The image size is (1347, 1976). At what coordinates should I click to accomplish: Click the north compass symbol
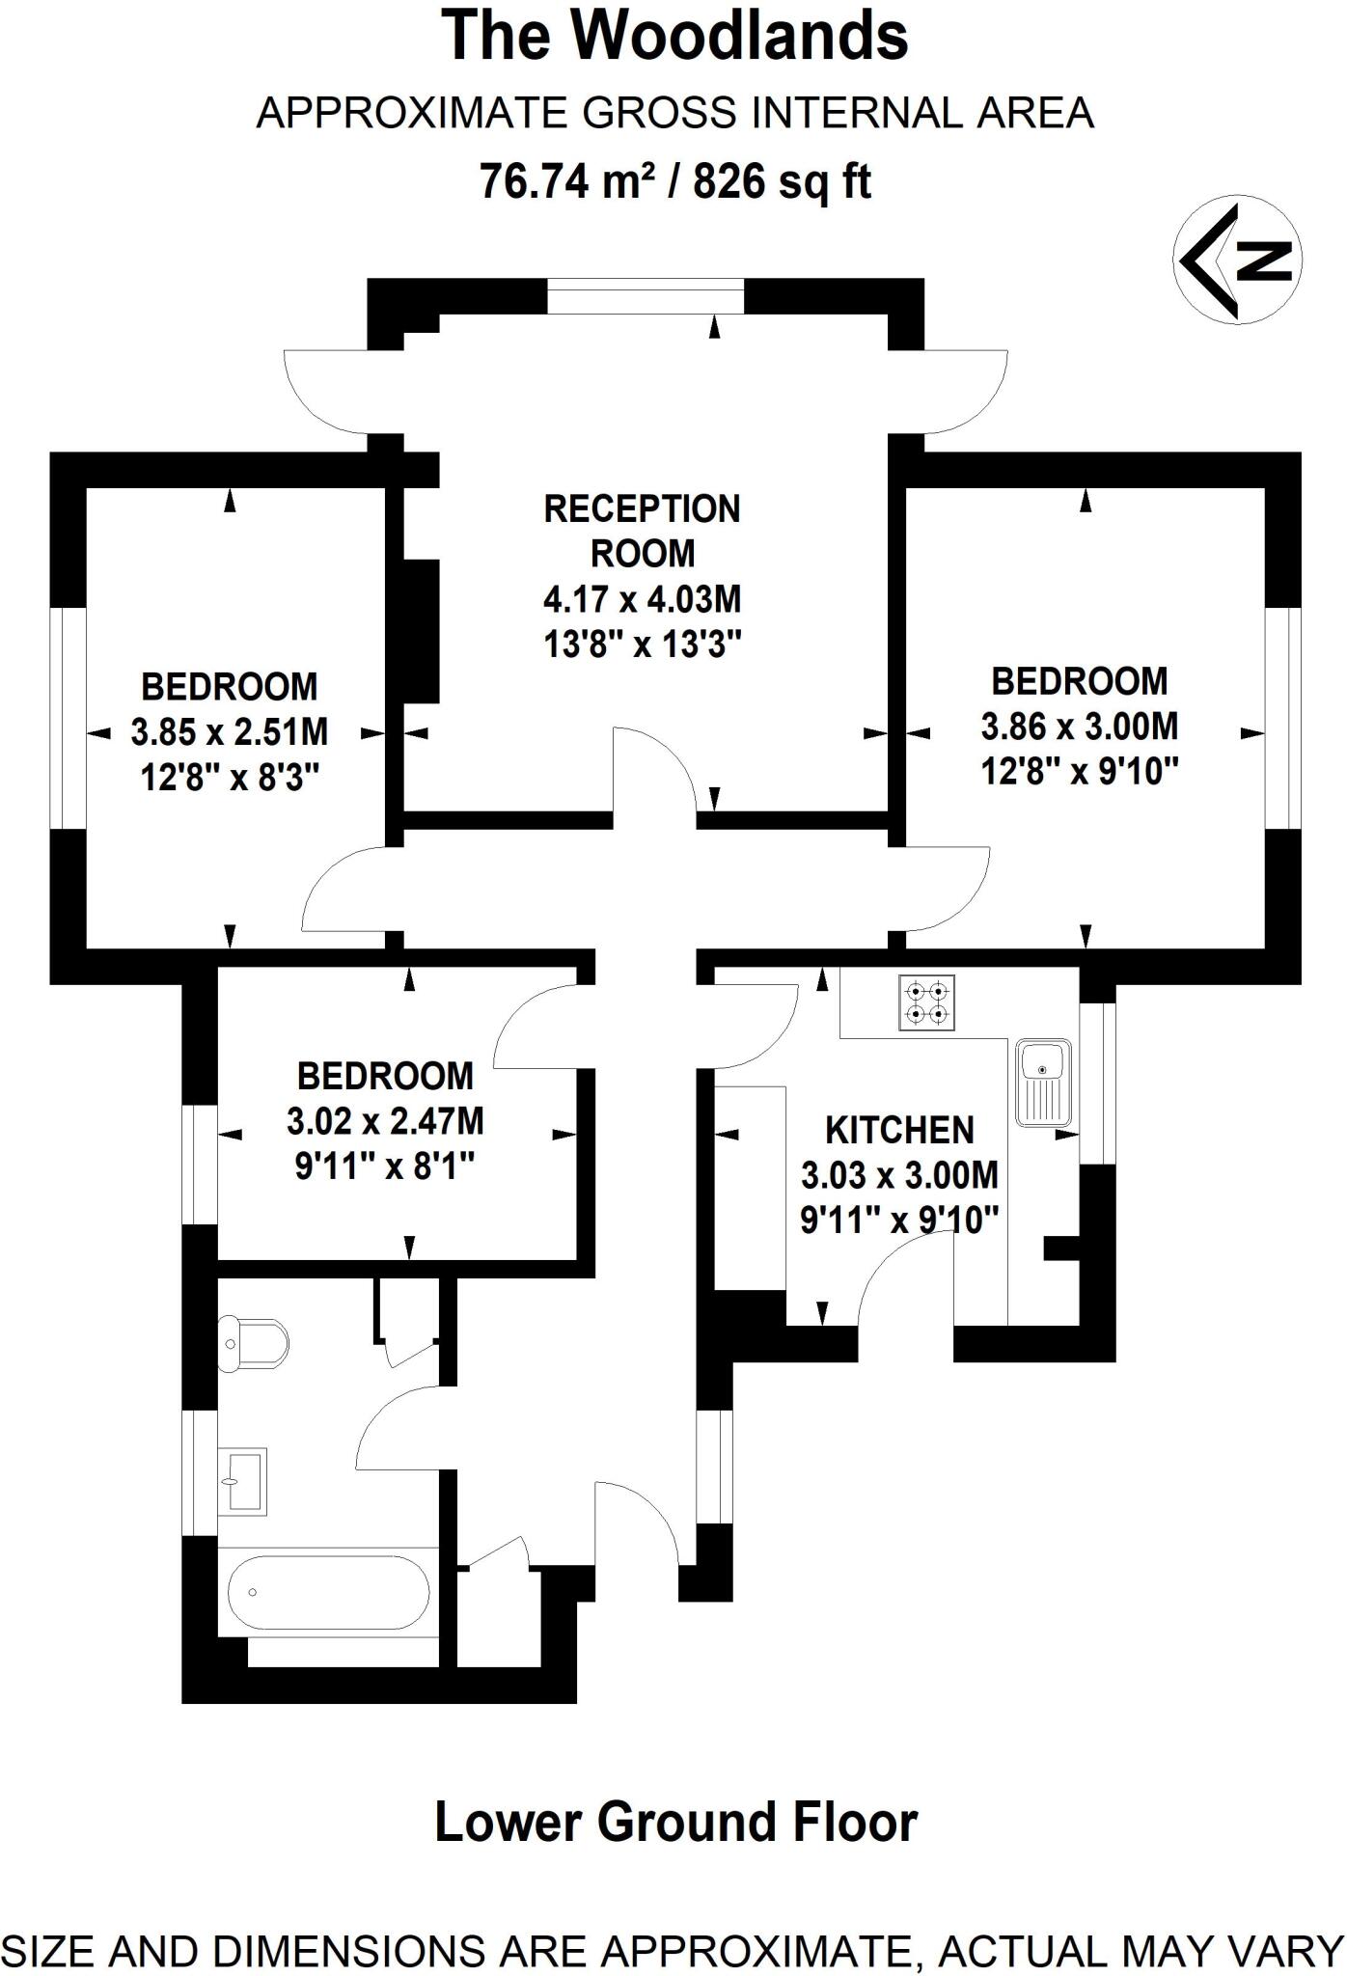point(1238,259)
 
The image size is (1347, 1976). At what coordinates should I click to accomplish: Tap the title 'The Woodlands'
point(675,36)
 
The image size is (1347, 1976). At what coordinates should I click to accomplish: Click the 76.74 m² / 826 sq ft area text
point(675,180)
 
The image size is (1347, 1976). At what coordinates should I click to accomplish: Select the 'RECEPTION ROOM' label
point(643,531)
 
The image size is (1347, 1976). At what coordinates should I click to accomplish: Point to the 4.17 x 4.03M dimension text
point(643,599)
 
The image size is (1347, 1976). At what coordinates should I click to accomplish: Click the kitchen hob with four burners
point(927,1003)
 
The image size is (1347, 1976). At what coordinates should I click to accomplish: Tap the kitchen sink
point(1044,1082)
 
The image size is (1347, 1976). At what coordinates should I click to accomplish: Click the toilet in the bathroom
point(253,1343)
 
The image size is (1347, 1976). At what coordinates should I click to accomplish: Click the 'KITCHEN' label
point(899,1130)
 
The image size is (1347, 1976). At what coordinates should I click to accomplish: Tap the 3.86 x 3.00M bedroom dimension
point(1080,727)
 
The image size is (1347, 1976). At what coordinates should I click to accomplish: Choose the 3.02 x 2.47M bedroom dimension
point(385,1121)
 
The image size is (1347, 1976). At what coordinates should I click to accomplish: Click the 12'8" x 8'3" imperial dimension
point(230,777)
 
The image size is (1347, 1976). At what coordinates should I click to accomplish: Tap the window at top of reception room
point(646,295)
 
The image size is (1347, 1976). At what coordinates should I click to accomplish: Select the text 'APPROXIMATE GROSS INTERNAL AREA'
point(675,113)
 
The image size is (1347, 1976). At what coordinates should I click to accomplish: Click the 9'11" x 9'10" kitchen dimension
point(898,1221)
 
